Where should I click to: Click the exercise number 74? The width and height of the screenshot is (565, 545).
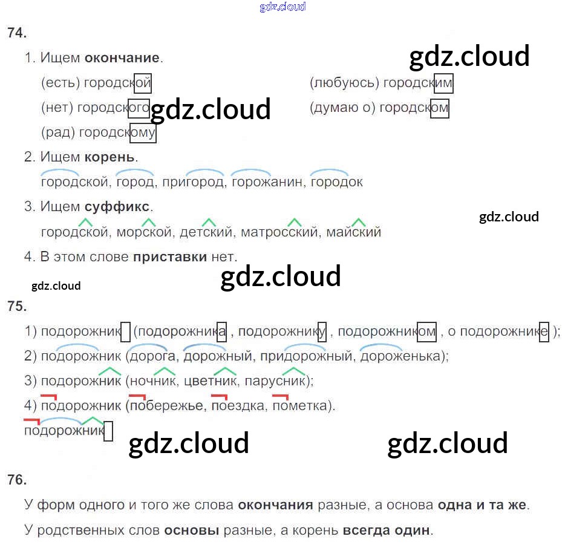(17, 33)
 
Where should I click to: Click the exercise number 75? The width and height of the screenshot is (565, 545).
(17, 306)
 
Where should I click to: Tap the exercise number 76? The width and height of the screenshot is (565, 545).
(17, 480)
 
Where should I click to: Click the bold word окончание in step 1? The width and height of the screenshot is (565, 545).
(122, 58)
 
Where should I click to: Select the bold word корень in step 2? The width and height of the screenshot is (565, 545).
(109, 157)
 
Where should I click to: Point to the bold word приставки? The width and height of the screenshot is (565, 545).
(169, 256)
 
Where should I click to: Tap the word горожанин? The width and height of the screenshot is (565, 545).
(267, 181)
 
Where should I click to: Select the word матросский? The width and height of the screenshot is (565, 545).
(279, 232)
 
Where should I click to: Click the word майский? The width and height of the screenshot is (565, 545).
(354, 232)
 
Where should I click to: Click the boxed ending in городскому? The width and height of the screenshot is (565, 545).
(143, 132)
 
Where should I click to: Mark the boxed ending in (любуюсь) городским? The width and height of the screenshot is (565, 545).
(443, 83)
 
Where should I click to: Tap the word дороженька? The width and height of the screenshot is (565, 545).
(402, 356)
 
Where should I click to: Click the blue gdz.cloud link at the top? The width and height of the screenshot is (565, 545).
(282, 7)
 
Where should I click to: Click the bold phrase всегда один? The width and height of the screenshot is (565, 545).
(387, 531)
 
